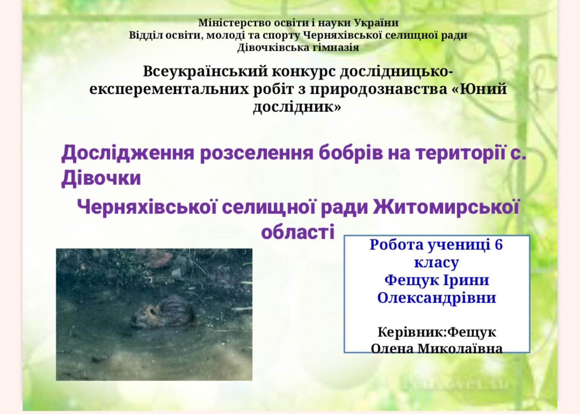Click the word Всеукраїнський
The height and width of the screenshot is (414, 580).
click(205, 72)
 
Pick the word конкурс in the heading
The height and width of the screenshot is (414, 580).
click(304, 72)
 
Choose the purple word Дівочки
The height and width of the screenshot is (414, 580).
click(101, 178)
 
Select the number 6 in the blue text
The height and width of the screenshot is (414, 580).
click(498, 245)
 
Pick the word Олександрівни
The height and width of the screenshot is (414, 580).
click(436, 298)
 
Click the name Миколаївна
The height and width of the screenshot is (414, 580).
click(460, 348)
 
